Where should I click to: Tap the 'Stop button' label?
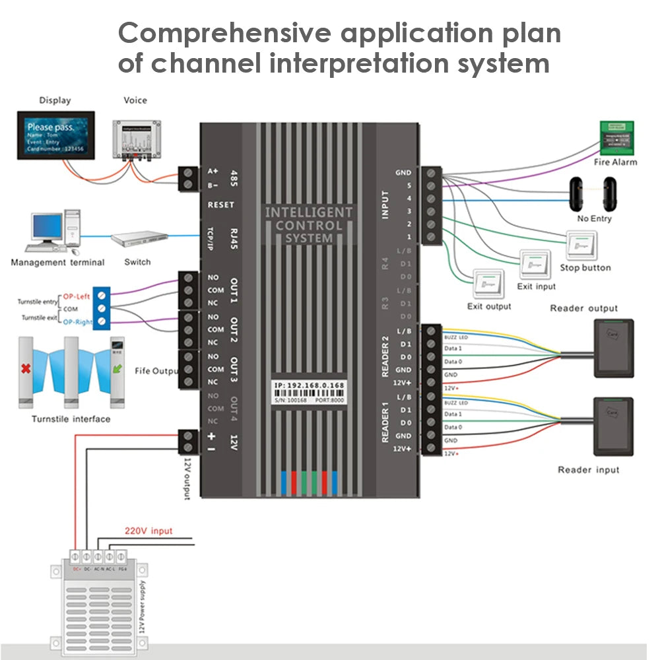tap(585, 268)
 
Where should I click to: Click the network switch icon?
tap(139, 238)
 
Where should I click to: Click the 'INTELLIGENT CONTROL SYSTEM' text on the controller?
tap(309, 225)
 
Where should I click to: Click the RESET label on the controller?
tap(220, 205)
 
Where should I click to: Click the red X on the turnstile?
tap(26, 368)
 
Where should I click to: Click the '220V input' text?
tap(148, 531)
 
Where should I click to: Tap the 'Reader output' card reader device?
tap(613, 348)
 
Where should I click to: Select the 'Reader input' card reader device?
tap(613, 426)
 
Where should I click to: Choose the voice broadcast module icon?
tap(136, 139)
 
